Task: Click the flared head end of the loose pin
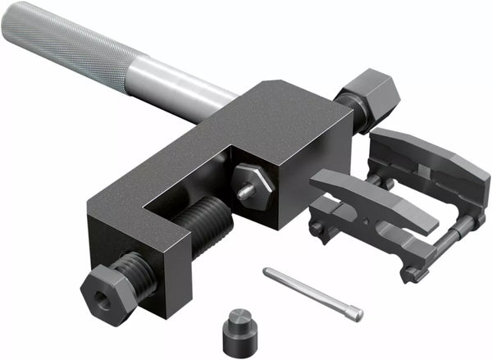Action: [x=353, y=312]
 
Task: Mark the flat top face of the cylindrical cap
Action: [x=239, y=317]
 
